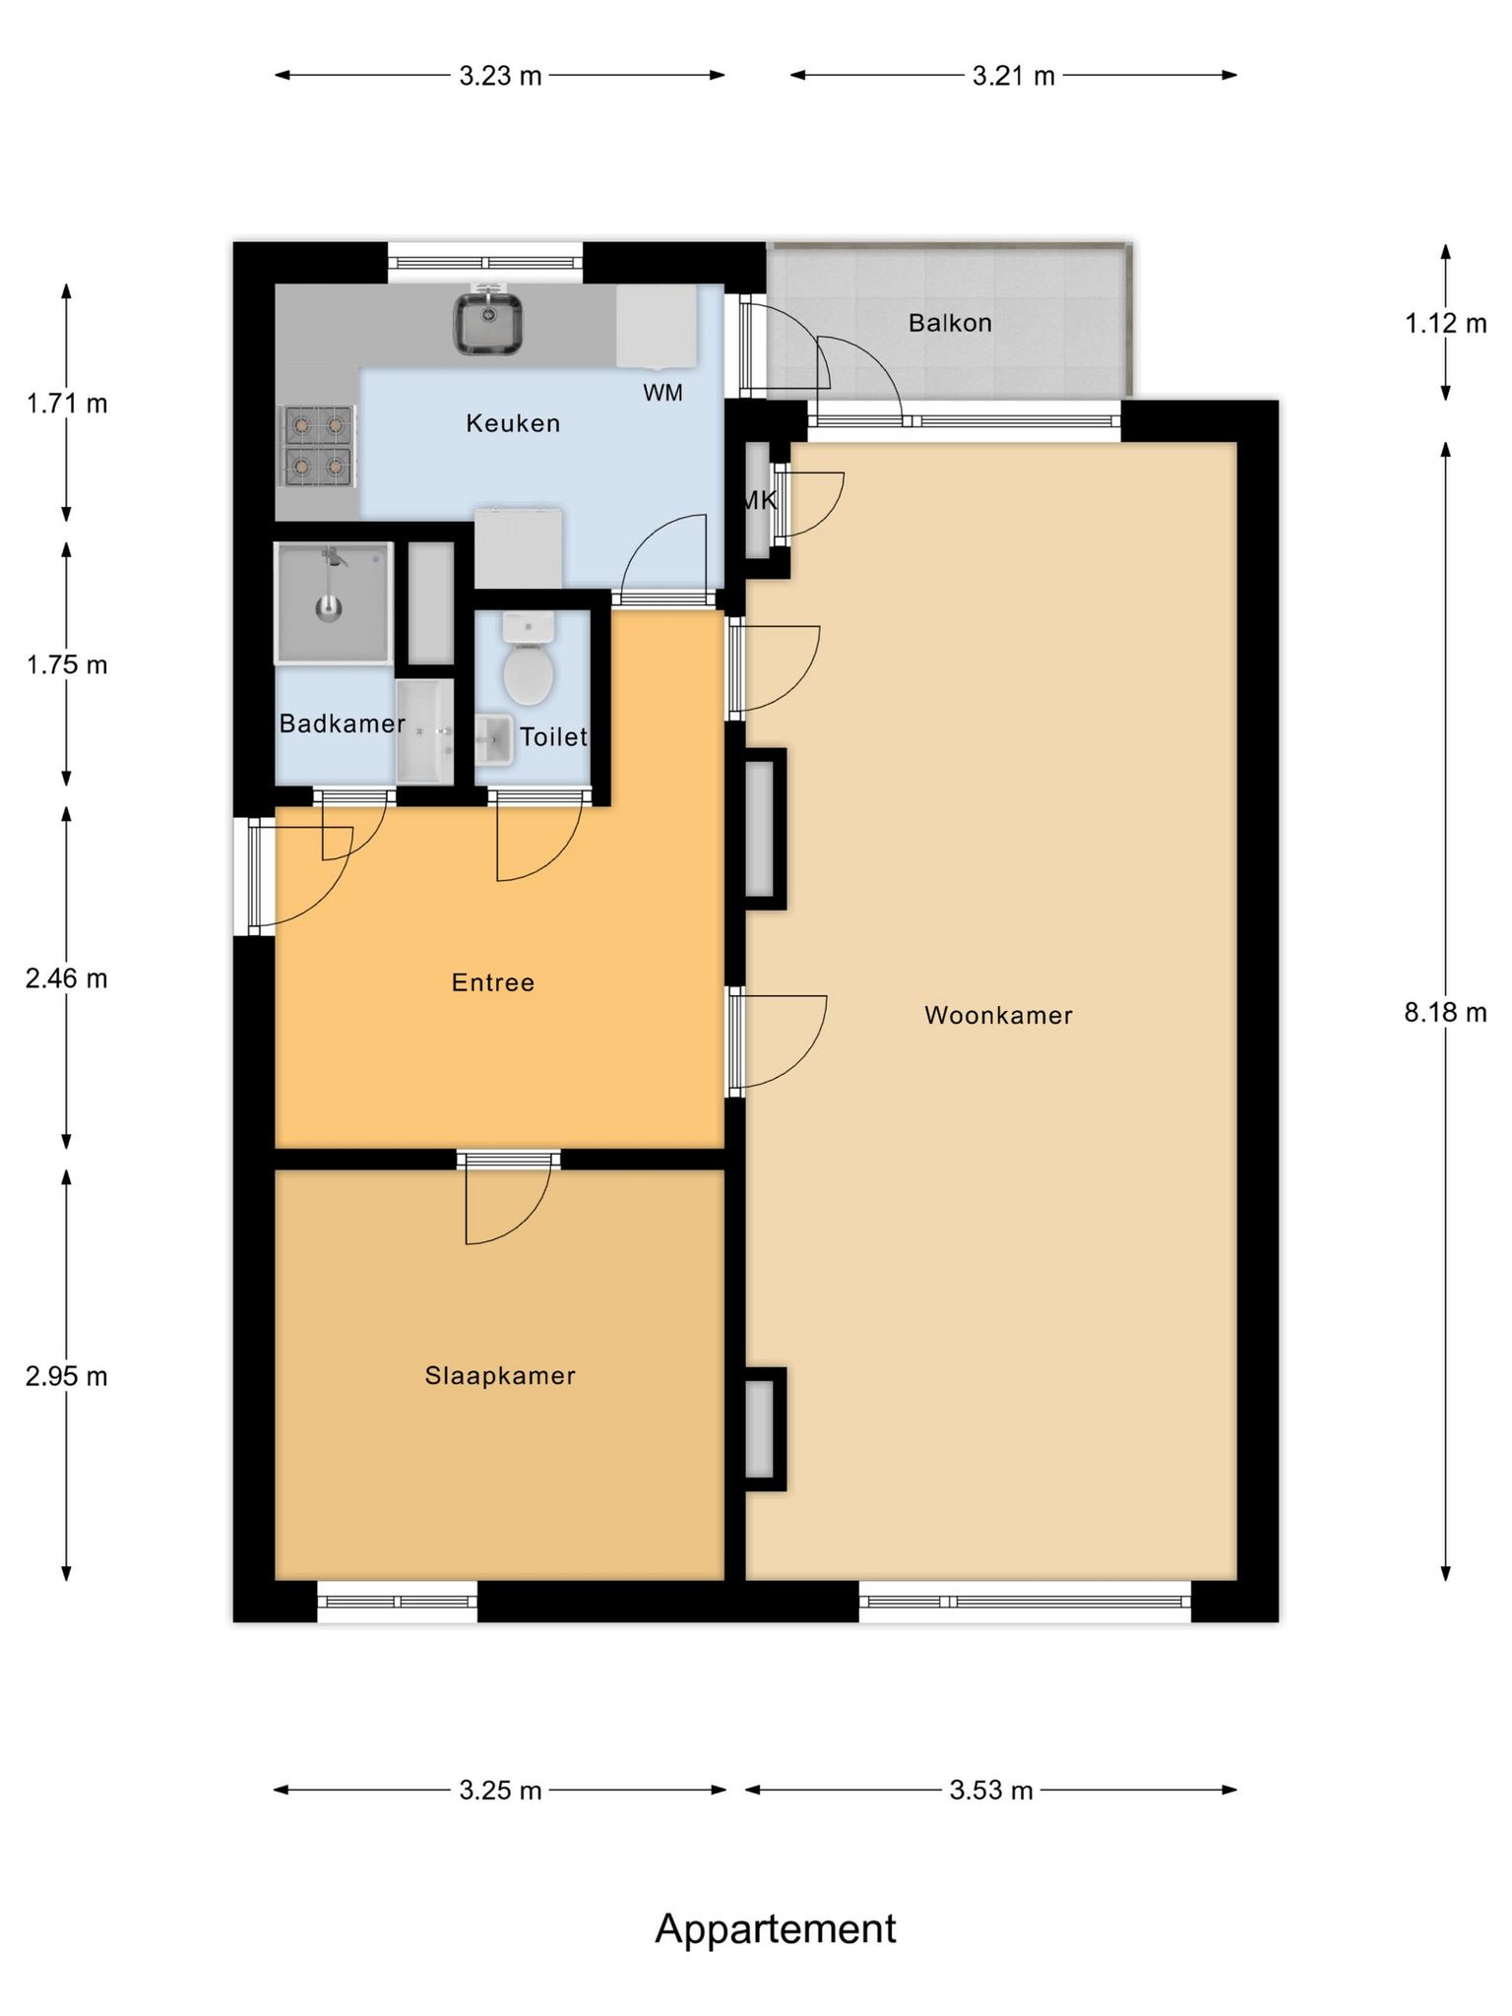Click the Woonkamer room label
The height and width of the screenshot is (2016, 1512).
[x=998, y=1015]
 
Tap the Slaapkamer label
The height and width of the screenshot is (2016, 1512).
[x=500, y=1375]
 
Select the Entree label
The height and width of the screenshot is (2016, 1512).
[x=493, y=982]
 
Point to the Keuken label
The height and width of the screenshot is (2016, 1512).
[x=513, y=423]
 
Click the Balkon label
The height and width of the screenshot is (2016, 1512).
[x=950, y=323]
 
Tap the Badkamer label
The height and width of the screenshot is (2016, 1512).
[x=342, y=724]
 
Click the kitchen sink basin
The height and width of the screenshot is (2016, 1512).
[x=488, y=322]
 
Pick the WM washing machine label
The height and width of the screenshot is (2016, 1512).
[x=663, y=393]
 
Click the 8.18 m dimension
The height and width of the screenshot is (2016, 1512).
[x=1445, y=1012]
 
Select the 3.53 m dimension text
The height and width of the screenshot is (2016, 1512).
[x=991, y=1790]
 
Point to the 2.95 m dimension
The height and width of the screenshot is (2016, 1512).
[x=67, y=1376]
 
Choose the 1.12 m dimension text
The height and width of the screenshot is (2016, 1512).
[x=1445, y=322]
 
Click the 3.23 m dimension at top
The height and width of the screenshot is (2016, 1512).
[x=500, y=76]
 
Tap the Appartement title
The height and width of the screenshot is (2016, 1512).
[x=776, y=1928]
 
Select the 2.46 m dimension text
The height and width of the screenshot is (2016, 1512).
[x=67, y=978]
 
